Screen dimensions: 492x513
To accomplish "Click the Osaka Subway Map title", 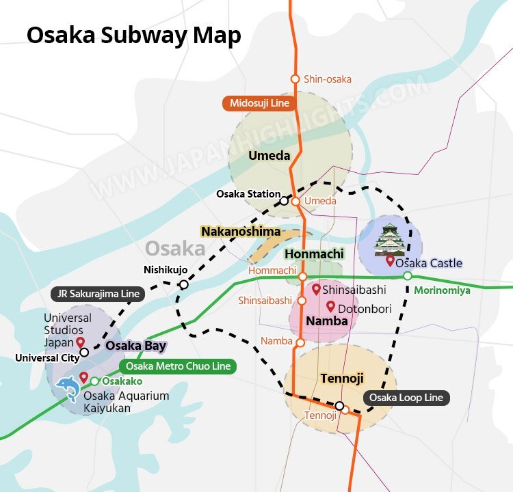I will coord(133,36).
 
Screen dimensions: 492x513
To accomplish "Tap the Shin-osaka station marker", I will coord(295,79).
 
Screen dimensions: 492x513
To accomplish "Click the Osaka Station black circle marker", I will coord(284,201).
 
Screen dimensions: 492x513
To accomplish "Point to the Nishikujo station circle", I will coord(183,284).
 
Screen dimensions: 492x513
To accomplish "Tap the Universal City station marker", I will coord(84,353).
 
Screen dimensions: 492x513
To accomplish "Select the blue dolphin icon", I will coord(67,389).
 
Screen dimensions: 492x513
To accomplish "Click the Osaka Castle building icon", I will coord(389,238).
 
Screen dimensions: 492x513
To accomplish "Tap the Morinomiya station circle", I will coord(407,275).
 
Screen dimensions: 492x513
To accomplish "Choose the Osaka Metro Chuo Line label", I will coord(177,366).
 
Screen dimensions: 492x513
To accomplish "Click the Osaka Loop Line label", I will coord(406,398).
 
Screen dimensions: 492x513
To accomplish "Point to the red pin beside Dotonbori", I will coord(331,307).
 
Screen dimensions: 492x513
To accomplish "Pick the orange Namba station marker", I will coord(300,342).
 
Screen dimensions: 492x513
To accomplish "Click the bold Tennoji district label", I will coord(341,379).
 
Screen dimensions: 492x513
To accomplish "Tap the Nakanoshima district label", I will coord(241,232).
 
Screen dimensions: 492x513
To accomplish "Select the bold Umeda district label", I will coord(269,156).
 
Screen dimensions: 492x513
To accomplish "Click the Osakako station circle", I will coord(95,381).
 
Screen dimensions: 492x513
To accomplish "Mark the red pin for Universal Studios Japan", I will coord(80,342).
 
